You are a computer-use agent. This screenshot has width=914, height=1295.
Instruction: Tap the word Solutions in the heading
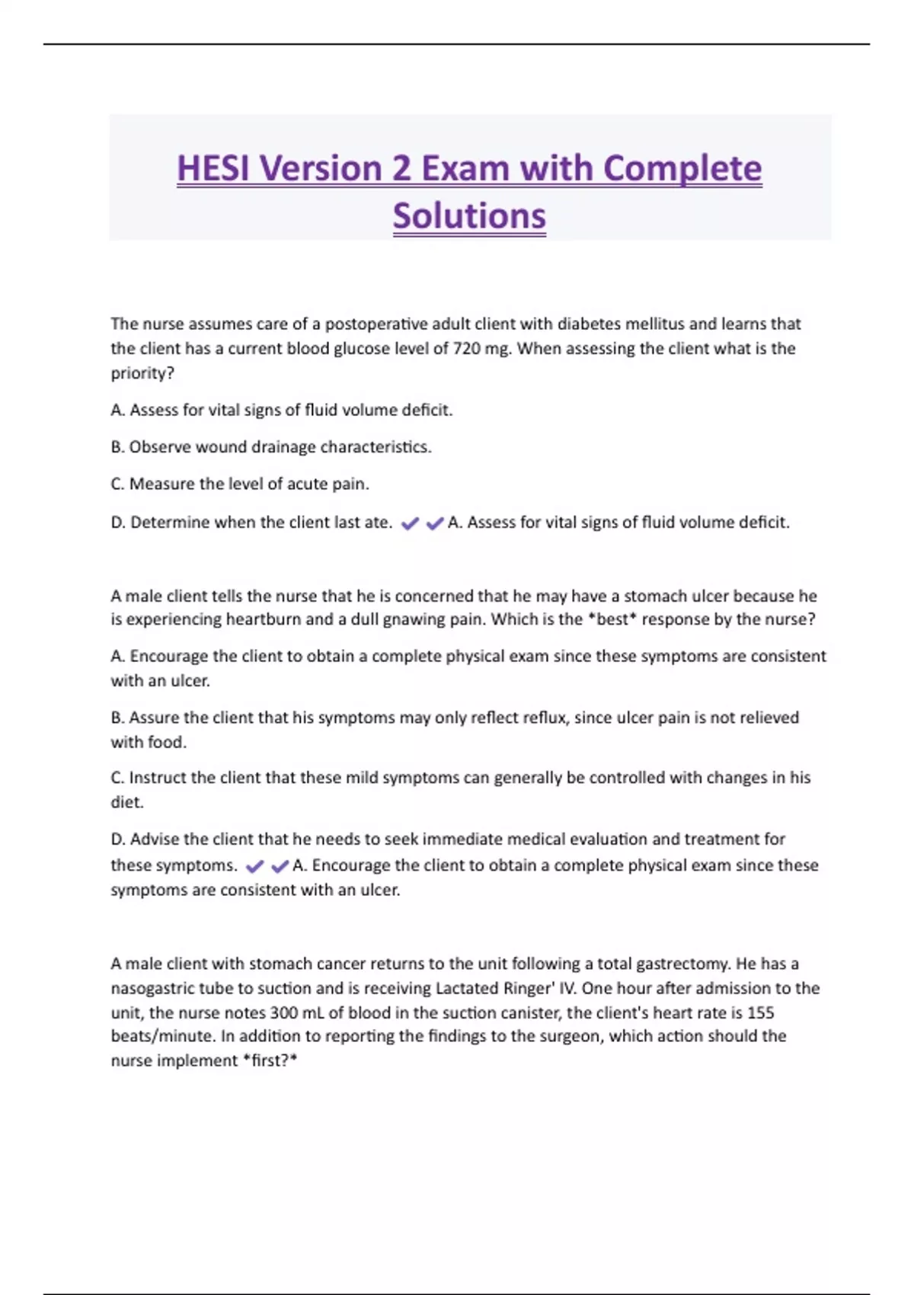pos(469,216)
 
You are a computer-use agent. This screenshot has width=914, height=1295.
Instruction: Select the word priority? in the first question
pos(142,373)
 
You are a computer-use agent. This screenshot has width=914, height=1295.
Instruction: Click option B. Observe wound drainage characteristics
pos(271,447)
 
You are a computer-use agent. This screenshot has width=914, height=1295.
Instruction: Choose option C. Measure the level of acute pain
pos(240,484)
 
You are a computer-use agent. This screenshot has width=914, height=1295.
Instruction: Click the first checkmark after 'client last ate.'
pos(410,523)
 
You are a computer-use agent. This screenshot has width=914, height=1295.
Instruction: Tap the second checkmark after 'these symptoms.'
pos(280,866)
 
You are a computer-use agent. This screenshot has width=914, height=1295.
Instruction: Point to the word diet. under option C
pos(126,802)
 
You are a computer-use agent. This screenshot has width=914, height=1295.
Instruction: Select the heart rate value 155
pos(760,1013)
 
